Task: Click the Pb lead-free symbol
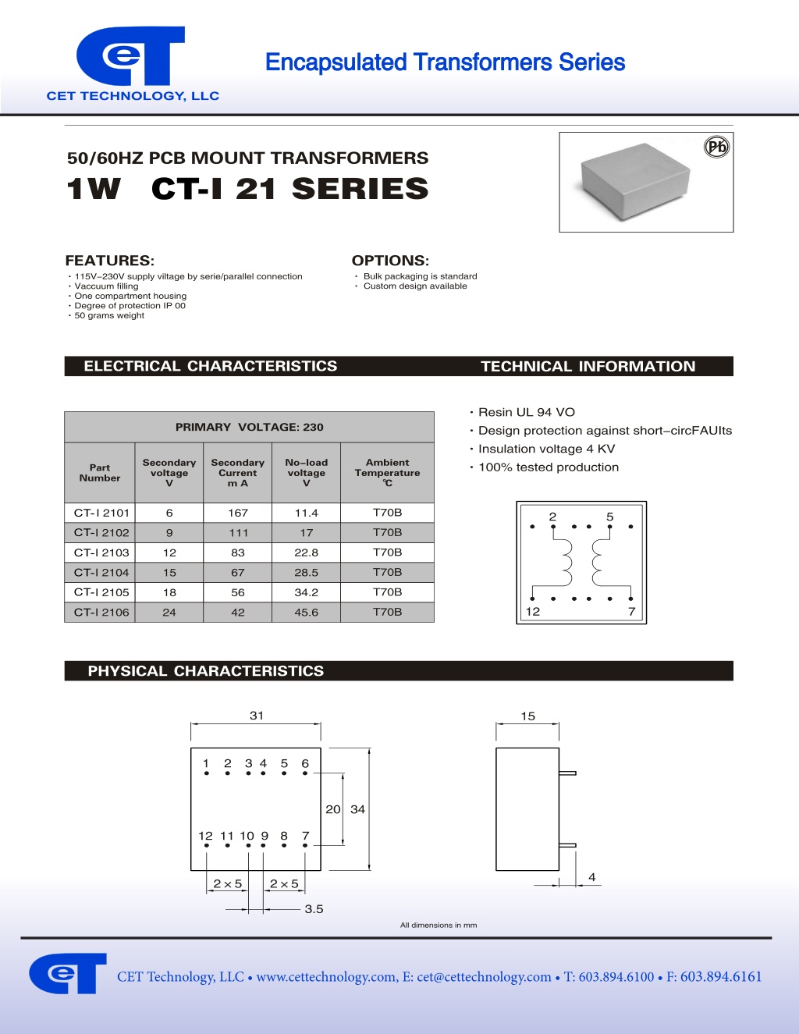tap(716, 147)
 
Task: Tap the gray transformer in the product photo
tap(635, 181)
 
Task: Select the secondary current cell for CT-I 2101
tap(238, 513)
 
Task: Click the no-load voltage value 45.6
tap(307, 613)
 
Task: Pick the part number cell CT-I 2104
tap(101, 573)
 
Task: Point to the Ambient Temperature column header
tap(387, 472)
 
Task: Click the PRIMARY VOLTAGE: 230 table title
tap(249, 427)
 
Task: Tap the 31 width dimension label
tap(257, 715)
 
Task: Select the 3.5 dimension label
tap(314, 909)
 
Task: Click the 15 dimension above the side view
tap(527, 716)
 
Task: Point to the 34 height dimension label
tap(357, 809)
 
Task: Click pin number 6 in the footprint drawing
tap(305, 763)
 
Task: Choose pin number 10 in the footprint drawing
tap(247, 836)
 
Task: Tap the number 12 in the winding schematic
tap(533, 612)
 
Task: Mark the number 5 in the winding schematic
tap(609, 517)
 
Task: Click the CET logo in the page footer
tap(68, 973)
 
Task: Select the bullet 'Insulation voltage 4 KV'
tap(546, 449)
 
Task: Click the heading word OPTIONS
tap(390, 261)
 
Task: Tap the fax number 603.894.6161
tap(720, 976)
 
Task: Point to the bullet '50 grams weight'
tap(109, 315)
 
